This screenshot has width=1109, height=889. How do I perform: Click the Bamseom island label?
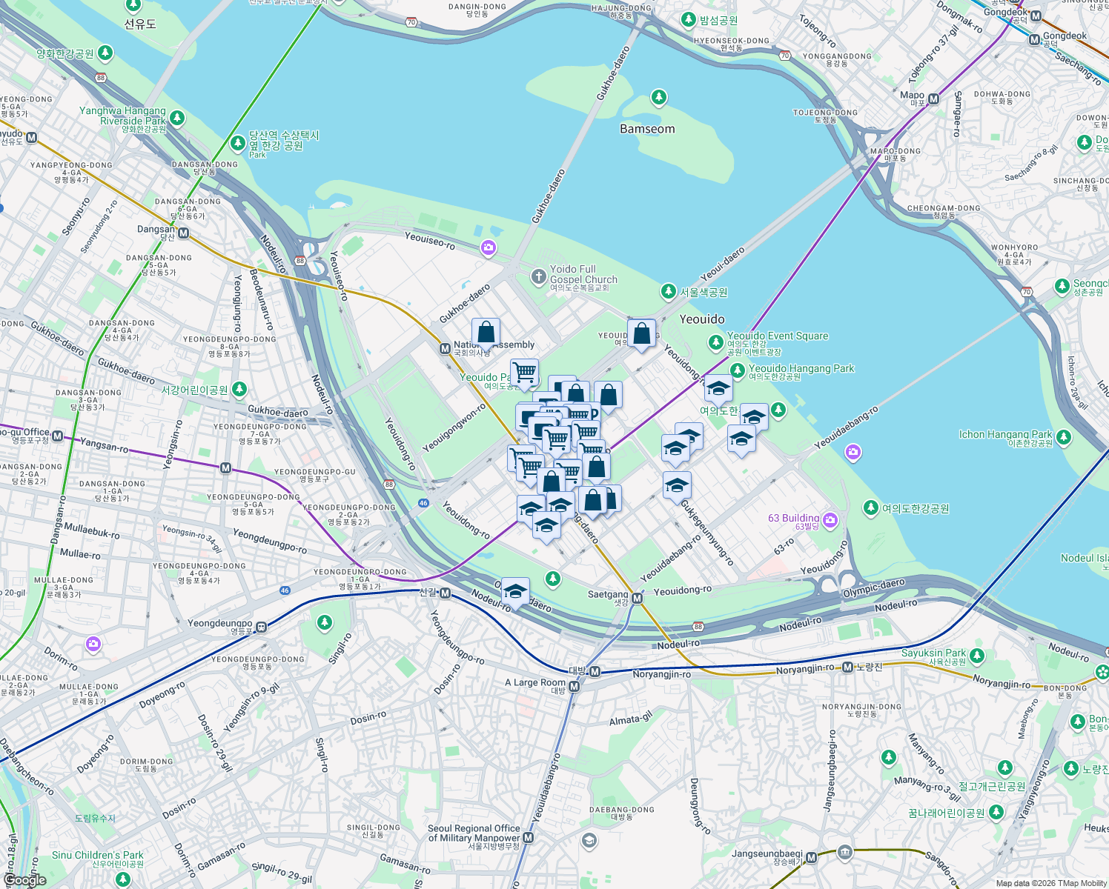(x=647, y=129)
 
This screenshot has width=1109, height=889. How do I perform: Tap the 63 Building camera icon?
(x=830, y=520)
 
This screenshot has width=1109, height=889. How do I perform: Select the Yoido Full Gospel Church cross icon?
(x=539, y=277)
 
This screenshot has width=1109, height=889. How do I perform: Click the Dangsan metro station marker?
(x=183, y=233)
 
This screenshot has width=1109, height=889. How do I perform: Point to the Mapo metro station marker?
(x=934, y=99)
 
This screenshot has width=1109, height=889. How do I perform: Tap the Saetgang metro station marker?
(x=637, y=597)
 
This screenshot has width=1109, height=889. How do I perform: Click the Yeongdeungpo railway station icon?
(x=261, y=627)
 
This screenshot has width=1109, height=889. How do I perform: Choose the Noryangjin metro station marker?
(x=847, y=667)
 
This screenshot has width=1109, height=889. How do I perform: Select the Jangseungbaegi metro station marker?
(x=812, y=858)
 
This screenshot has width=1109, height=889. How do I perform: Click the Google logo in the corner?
(x=24, y=880)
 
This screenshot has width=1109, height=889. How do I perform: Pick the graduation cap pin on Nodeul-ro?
(x=515, y=592)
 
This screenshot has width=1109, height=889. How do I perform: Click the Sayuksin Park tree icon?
(x=977, y=656)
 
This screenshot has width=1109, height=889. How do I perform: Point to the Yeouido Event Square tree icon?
(x=716, y=342)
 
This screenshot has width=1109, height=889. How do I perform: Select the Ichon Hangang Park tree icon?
(x=1064, y=438)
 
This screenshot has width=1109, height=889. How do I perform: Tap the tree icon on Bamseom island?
(x=658, y=97)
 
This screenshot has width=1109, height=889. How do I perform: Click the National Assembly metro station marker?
(x=445, y=348)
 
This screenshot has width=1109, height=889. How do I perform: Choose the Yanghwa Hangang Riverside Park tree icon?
(x=176, y=118)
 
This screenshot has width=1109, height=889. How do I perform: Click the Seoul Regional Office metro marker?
(x=528, y=838)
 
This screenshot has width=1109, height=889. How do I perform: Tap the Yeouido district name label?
(x=702, y=319)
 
